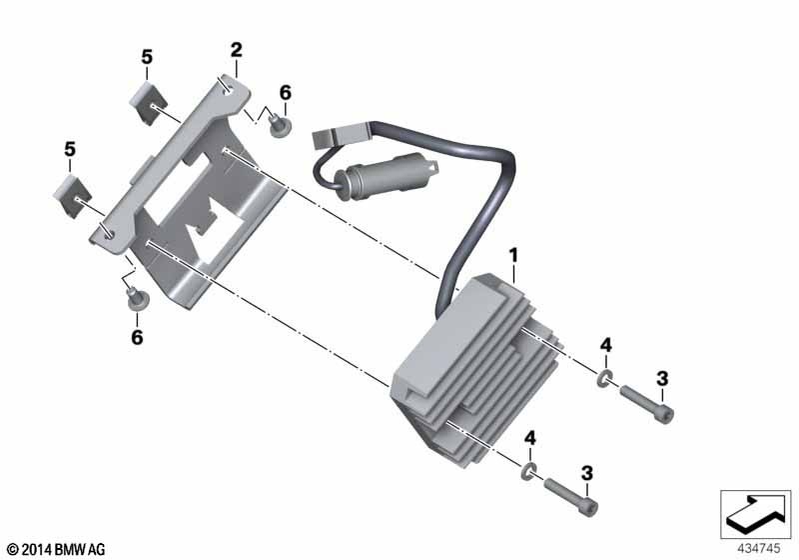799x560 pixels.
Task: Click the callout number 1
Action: (x=513, y=254)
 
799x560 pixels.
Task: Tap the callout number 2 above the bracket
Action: (x=237, y=50)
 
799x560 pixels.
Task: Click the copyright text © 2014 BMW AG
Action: (x=57, y=549)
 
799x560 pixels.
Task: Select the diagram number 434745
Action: (x=759, y=548)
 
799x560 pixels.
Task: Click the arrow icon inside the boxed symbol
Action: (x=755, y=513)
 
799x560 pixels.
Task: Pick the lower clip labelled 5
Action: (x=72, y=195)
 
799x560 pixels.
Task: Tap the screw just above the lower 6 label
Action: (x=137, y=299)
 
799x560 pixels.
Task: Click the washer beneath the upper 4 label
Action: (x=604, y=379)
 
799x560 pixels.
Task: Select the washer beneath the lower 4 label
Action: (x=529, y=472)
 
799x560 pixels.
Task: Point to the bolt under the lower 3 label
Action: (x=571, y=497)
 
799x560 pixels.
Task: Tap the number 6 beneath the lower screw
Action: (x=137, y=337)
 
